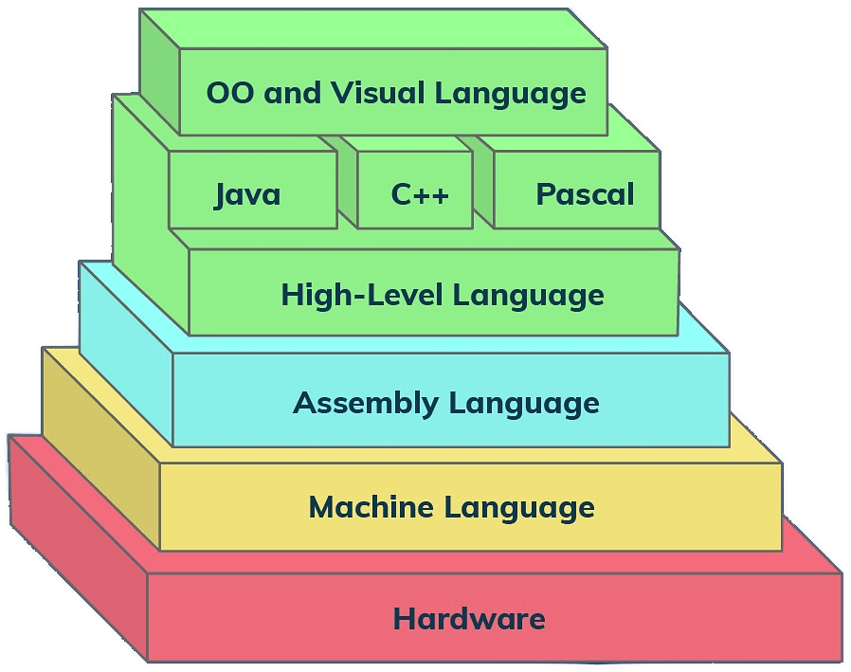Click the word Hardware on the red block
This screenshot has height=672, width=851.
tap(469, 620)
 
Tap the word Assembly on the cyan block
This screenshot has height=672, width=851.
tap(365, 404)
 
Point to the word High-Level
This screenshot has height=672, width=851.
tap(361, 295)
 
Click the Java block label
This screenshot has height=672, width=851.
tap(247, 195)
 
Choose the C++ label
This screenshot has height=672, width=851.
tap(420, 195)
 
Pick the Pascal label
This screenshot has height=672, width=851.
tap(585, 195)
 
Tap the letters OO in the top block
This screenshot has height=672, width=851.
tap(230, 93)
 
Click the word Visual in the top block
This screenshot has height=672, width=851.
tap(377, 93)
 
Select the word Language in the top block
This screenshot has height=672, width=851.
tap(510, 94)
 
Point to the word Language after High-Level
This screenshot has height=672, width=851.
tap(528, 296)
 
